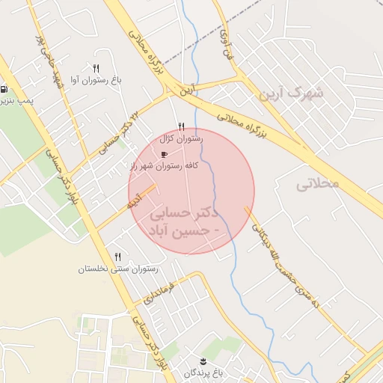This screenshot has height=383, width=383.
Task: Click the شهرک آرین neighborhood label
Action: (292, 94)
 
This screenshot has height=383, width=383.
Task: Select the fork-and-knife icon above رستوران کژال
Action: (181, 127)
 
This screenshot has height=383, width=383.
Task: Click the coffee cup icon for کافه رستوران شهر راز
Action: (165, 154)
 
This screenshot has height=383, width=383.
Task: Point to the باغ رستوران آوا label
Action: (98, 79)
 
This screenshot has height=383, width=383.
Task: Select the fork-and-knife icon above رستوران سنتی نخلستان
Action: (116, 257)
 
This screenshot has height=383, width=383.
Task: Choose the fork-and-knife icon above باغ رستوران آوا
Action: (96, 68)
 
